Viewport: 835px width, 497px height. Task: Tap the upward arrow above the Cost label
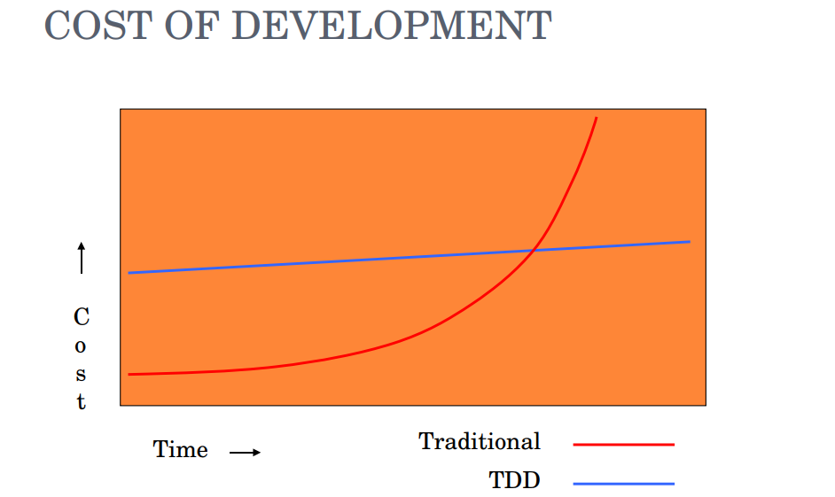point(82,258)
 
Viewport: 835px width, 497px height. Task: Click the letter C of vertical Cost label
point(82,316)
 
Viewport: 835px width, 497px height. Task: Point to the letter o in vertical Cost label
point(82,346)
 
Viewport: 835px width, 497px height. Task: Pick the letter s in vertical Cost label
point(82,374)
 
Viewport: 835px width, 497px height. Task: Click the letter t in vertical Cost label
point(82,401)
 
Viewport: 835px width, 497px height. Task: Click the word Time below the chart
point(181,450)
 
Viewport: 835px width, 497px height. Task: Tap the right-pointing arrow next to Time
point(245,453)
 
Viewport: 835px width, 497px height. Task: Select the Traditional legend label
point(480,441)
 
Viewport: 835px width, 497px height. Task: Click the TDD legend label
point(514,481)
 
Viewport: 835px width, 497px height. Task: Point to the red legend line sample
point(623,445)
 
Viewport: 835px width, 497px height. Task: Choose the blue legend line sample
point(623,484)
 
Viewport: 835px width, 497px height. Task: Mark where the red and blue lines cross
point(532,252)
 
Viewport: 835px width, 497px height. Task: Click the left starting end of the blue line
point(130,273)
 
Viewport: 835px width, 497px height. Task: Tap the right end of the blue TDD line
point(689,242)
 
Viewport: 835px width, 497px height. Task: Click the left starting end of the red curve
point(130,374)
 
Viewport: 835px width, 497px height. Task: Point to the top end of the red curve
point(597,118)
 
